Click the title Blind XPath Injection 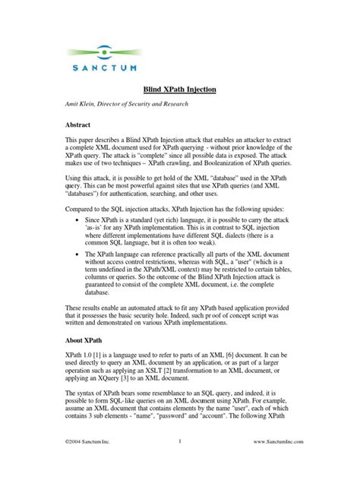(180, 90)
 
